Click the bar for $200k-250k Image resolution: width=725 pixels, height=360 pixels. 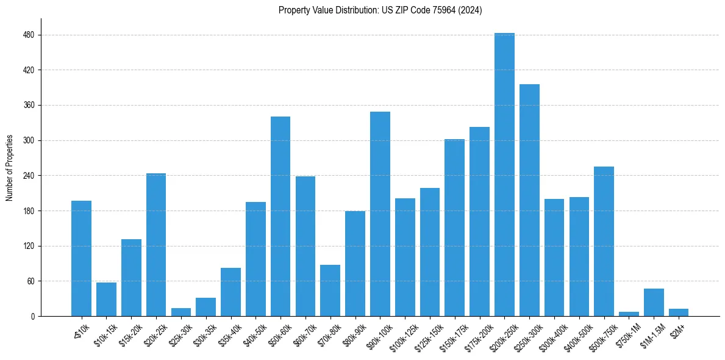(x=504, y=175)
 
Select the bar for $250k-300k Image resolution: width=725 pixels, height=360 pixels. (x=529, y=200)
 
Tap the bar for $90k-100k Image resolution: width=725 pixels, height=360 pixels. (x=380, y=214)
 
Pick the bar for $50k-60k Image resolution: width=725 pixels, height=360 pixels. (x=280, y=216)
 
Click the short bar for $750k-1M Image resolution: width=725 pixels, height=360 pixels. (x=629, y=314)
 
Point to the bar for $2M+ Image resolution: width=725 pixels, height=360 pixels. (x=679, y=312)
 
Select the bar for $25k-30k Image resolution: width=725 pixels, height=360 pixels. (x=181, y=312)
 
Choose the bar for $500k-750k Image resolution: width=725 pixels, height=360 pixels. (x=604, y=241)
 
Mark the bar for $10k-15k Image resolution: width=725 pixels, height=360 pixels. (x=106, y=299)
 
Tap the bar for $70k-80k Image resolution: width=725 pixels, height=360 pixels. (x=330, y=290)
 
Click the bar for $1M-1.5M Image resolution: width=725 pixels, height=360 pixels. (x=654, y=303)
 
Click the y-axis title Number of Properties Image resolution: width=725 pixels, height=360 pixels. (x=9, y=167)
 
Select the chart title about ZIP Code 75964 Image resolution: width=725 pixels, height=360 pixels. (x=380, y=10)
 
